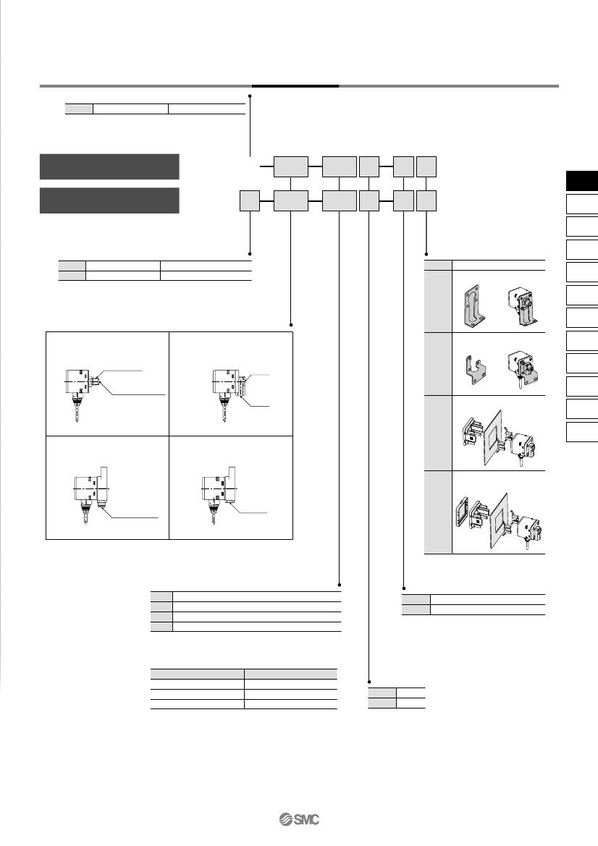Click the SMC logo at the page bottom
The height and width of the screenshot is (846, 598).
299,819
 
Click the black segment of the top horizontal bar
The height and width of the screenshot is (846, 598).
295,86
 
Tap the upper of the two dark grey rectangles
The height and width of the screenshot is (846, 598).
109,166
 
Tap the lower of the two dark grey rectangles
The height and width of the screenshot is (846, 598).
109,200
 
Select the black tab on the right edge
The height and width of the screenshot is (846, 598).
582,181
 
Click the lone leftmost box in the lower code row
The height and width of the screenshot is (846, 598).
250,200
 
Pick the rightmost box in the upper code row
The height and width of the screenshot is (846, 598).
426,166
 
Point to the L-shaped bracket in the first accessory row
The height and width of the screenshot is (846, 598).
473,305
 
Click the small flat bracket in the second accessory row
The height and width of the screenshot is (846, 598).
474,369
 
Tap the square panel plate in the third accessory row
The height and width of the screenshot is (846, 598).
493,435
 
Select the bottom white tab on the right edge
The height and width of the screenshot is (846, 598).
582,432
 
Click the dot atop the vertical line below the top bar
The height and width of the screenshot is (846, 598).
250,96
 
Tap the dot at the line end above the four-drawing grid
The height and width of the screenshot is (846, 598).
291,325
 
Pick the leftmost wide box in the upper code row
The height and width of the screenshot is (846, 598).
291,166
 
